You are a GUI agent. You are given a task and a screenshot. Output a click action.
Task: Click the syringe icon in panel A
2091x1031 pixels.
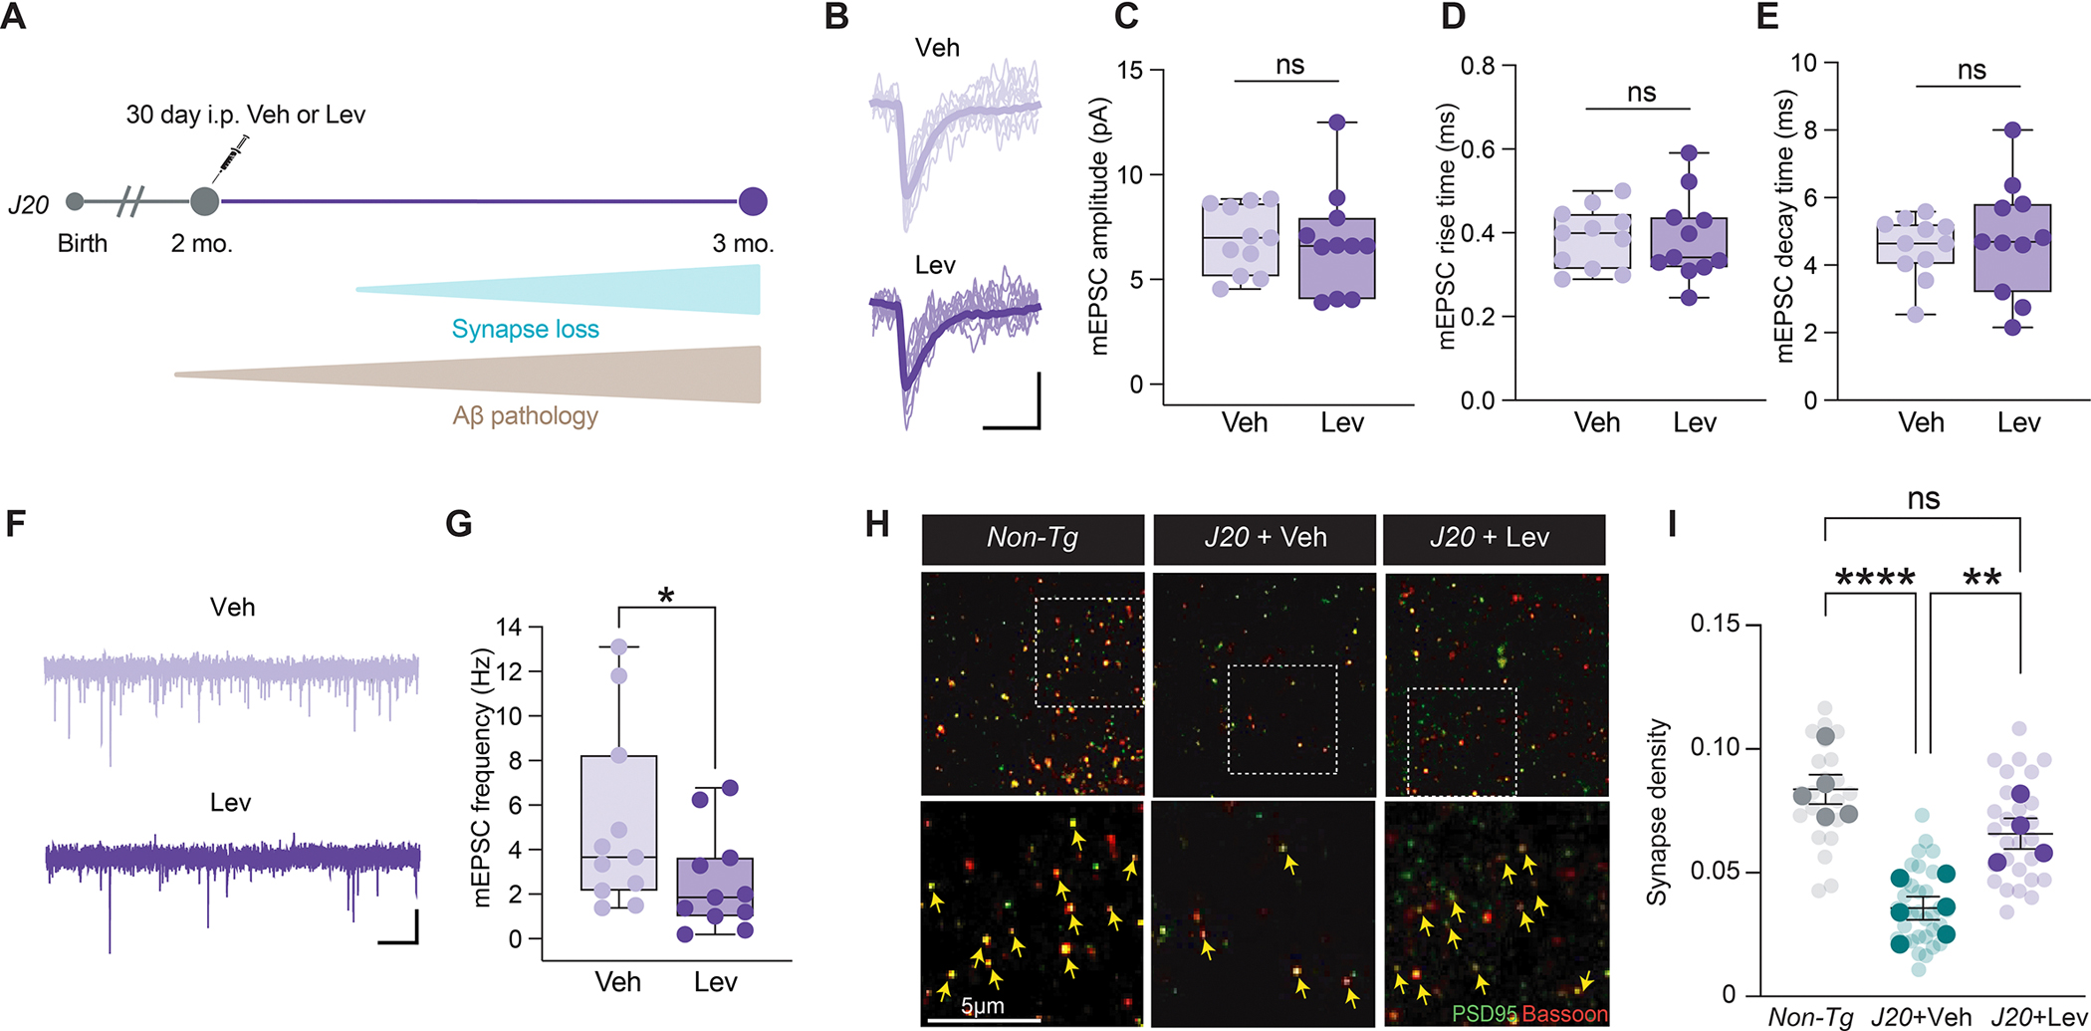click(x=231, y=156)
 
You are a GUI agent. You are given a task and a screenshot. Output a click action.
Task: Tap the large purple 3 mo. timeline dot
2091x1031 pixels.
click(x=753, y=201)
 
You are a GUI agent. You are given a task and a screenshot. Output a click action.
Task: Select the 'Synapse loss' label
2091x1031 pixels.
click(x=526, y=330)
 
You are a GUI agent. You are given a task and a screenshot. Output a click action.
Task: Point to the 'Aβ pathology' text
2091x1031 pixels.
click(x=526, y=415)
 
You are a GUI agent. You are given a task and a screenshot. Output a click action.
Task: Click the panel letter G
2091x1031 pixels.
click(x=459, y=523)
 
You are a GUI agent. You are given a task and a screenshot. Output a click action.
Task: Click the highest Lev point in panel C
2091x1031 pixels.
click(x=1336, y=122)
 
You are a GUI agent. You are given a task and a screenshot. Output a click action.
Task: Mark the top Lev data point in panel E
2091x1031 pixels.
click(x=2012, y=129)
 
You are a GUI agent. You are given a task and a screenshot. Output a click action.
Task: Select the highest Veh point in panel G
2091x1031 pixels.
click(x=618, y=646)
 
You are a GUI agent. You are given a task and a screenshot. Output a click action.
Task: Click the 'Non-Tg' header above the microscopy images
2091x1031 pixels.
click(x=1033, y=538)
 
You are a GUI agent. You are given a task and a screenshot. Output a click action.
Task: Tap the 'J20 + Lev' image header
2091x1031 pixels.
click(x=1490, y=538)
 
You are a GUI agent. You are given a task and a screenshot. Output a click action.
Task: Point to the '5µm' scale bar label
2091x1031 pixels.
click(x=983, y=1006)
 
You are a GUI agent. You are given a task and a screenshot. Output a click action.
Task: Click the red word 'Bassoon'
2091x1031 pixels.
click(x=1565, y=1014)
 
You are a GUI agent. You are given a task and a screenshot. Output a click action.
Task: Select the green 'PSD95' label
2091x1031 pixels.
click(x=1485, y=1014)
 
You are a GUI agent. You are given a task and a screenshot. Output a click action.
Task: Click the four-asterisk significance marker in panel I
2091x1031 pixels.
click(x=1875, y=579)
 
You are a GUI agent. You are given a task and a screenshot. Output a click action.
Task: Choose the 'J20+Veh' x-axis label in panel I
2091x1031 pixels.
click(x=1922, y=1017)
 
